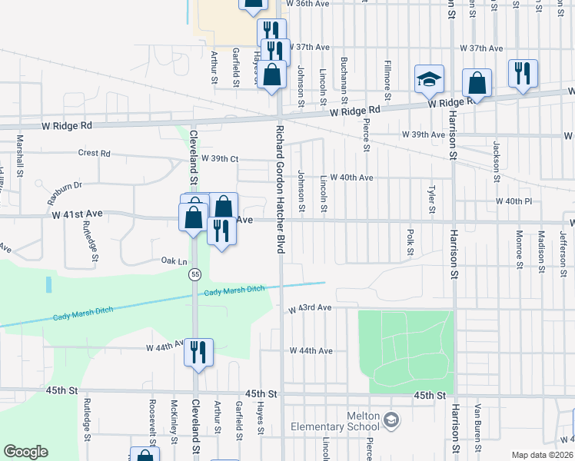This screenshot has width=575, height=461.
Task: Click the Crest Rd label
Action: (94, 153)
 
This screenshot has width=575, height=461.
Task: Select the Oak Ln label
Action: (174, 261)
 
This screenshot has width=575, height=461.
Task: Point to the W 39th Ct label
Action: (220, 158)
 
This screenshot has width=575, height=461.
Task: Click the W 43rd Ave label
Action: (311, 308)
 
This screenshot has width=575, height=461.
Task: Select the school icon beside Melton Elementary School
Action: (392, 420)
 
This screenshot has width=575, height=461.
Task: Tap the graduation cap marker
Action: (429, 78)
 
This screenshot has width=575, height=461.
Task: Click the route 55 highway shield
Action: (196, 274)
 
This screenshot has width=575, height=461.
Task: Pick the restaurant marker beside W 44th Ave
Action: (198, 353)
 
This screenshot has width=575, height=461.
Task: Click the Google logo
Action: (25, 452)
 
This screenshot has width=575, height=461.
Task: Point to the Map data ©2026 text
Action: (541, 455)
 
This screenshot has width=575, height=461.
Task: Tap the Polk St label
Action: (411, 241)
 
